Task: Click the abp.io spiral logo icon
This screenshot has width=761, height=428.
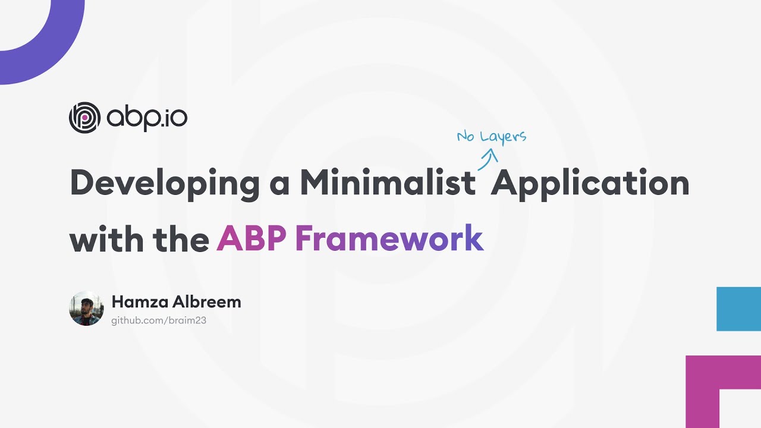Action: click(84, 118)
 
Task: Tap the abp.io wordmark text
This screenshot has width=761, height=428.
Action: click(147, 118)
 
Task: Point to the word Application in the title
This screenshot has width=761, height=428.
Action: click(589, 183)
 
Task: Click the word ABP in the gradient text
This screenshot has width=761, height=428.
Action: click(251, 239)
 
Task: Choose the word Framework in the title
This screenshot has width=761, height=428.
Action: click(389, 239)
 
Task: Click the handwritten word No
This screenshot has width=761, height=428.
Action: click(466, 137)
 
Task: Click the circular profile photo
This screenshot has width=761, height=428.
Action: click(86, 309)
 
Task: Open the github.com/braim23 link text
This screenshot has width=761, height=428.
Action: click(159, 320)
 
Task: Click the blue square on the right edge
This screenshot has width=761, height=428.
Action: click(738, 309)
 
